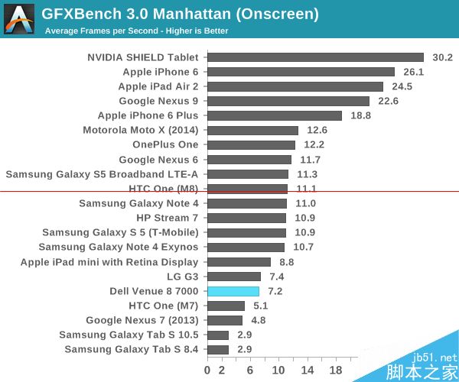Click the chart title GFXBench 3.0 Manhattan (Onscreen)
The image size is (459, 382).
[180, 14]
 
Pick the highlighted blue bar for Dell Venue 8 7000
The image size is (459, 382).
[233, 291]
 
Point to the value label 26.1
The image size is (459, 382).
[413, 72]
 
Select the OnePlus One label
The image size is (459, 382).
[164, 144]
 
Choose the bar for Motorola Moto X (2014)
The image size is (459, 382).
[252, 130]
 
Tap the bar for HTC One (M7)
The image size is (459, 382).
[226, 306]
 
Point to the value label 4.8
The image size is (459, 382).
[258, 320]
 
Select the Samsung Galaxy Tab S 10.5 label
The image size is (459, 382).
[129, 335]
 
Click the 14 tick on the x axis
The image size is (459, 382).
[308, 370]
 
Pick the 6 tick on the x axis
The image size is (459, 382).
[250, 370]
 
